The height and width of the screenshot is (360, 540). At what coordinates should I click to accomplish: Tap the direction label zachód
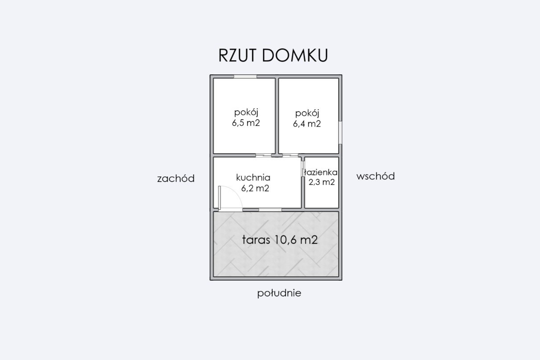pyautogui.click(x=176, y=179)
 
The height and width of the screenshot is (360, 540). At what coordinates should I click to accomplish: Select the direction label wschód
pyautogui.click(x=375, y=176)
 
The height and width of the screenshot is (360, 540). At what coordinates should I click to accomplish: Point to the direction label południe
pyautogui.click(x=279, y=293)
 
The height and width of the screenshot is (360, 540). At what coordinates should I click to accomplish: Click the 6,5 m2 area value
pyautogui.click(x=245, y=123)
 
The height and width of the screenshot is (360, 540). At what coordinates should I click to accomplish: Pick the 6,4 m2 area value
pyautogui.click(x=307, y=124)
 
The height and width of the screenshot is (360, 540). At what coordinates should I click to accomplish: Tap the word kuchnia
pyautogui.click(x=253, y=177)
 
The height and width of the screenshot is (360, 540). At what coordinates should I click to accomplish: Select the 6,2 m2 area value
pyautogui.click(x=255, y=188)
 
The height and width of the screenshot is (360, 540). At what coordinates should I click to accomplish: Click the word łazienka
pyautogui.click(x=321, y=172)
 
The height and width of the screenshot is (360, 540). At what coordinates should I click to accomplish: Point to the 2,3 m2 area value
pyautogui.click(x=322, y=182)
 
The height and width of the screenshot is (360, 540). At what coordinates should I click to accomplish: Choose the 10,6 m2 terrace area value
pyautogui.click(x=295, y=240)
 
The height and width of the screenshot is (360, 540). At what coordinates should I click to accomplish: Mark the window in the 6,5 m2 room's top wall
pyautogui.click(x=245, y=77)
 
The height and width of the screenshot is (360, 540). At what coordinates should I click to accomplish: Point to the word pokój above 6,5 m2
pyautogui.click(x=246, y=112)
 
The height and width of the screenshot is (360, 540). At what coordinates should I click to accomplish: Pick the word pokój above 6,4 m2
pyautogui.click(x=307, y=113)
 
